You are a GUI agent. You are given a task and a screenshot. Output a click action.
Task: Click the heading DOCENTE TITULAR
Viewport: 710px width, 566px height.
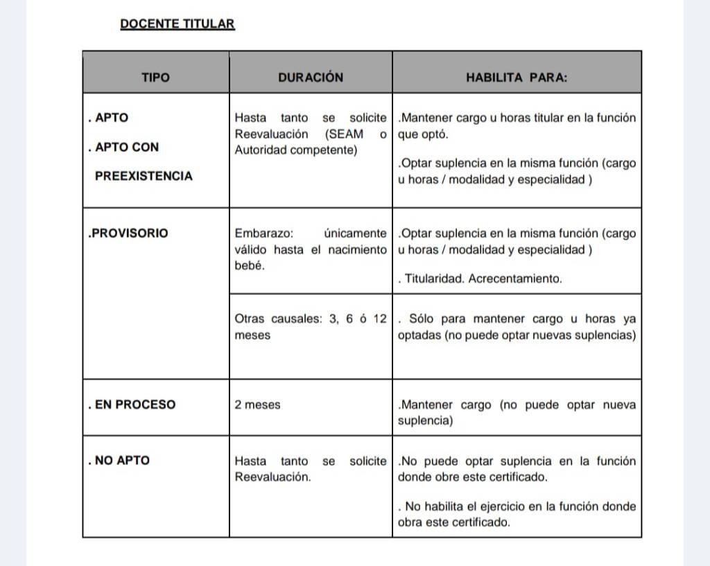[177, 24]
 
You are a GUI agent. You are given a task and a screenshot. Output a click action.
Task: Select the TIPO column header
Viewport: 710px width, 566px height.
[155, 78]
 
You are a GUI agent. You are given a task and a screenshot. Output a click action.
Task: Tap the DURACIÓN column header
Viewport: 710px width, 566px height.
[310, 78]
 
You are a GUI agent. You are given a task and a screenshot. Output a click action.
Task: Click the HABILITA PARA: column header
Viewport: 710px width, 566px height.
[517, 78]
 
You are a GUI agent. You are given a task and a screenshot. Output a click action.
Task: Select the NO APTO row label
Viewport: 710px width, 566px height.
[122, 460]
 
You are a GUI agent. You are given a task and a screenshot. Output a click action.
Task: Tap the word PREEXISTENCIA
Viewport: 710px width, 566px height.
[144, 176]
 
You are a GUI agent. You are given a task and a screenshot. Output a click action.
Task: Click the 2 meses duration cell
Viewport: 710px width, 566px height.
[257, 405]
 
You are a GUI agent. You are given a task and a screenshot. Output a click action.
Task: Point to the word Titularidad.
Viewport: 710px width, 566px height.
[435, 279]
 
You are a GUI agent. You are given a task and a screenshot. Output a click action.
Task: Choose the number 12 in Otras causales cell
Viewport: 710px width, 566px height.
[379, 319]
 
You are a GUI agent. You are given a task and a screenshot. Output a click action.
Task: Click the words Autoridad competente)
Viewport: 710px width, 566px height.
[296, 150]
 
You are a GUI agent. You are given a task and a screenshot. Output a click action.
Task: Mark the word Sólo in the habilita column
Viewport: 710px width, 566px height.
[423, 319]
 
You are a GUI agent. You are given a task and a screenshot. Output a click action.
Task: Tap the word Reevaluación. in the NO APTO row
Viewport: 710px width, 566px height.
[272, 477]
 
